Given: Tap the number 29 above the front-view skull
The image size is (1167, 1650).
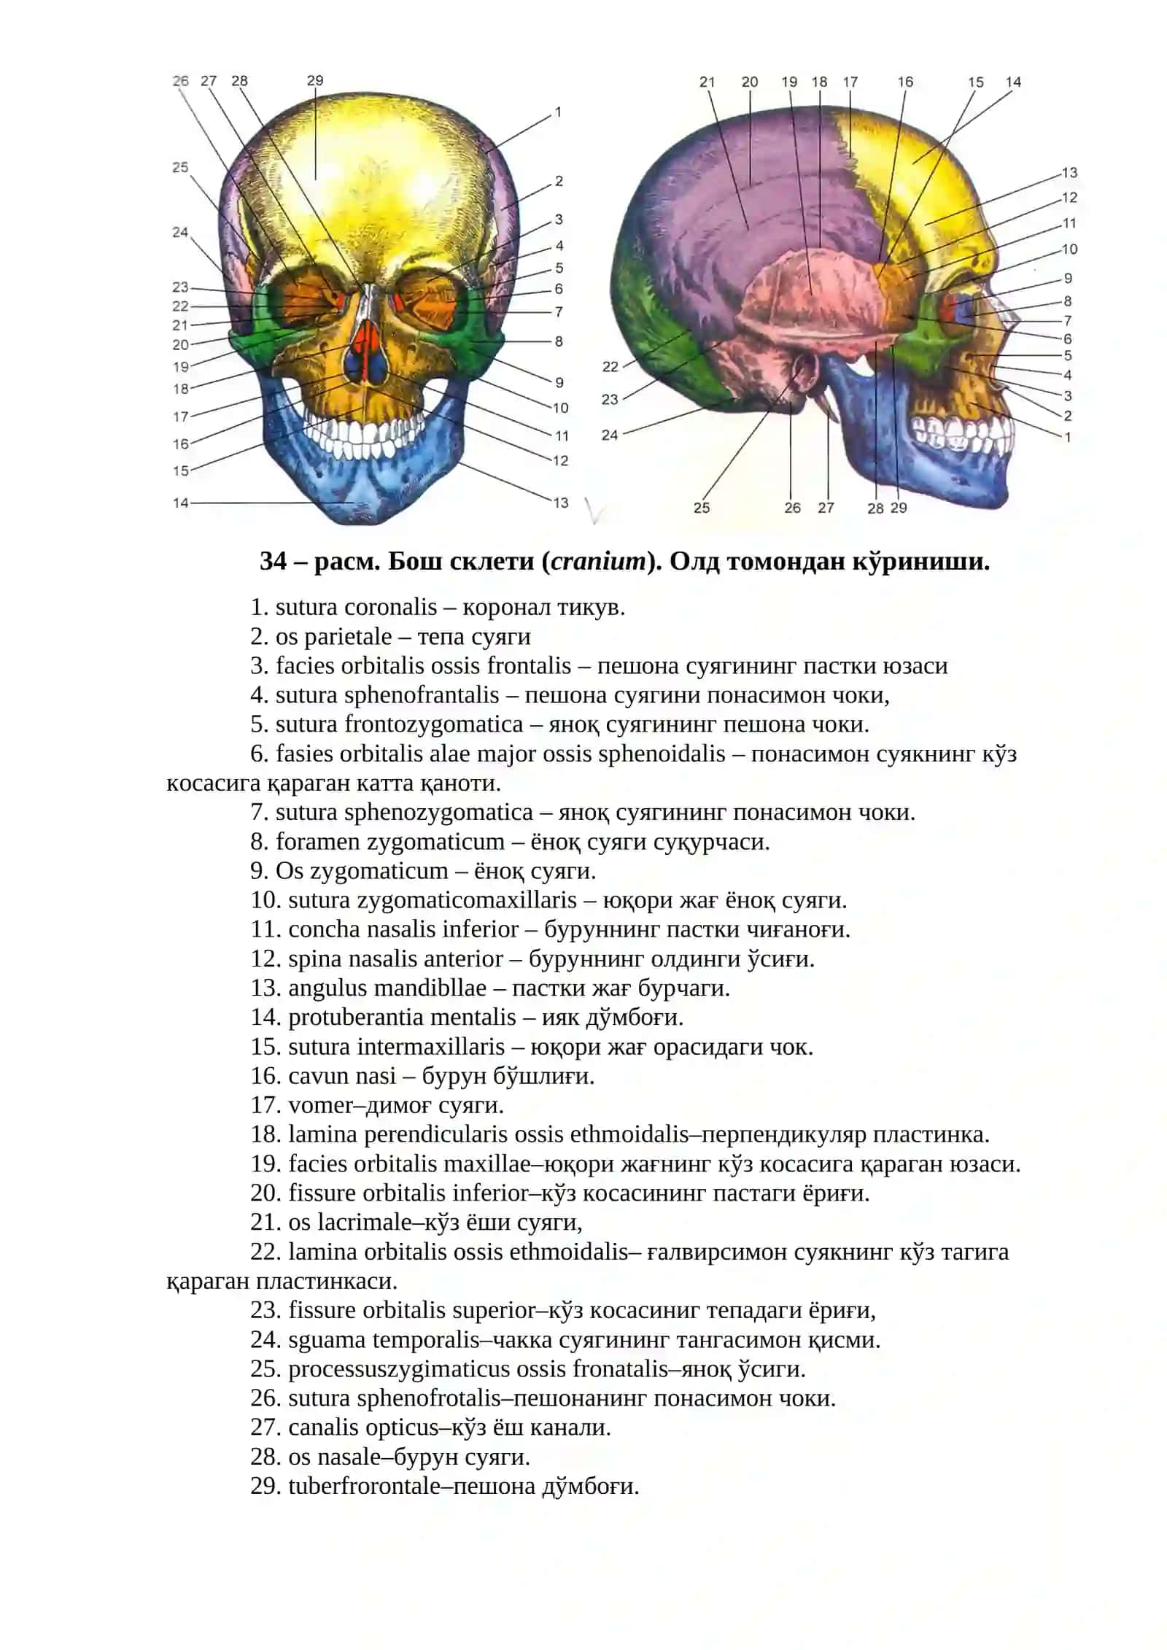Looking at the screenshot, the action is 315,80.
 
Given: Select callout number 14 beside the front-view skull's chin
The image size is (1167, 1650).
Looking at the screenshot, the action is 181,503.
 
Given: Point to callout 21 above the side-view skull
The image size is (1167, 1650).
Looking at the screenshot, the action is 707,82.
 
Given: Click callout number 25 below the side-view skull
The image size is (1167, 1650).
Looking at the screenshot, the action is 702,508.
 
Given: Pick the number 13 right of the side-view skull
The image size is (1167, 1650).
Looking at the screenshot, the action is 1069,173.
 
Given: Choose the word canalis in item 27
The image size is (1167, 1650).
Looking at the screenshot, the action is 325,1427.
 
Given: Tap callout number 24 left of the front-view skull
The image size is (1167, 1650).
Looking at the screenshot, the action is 180,232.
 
